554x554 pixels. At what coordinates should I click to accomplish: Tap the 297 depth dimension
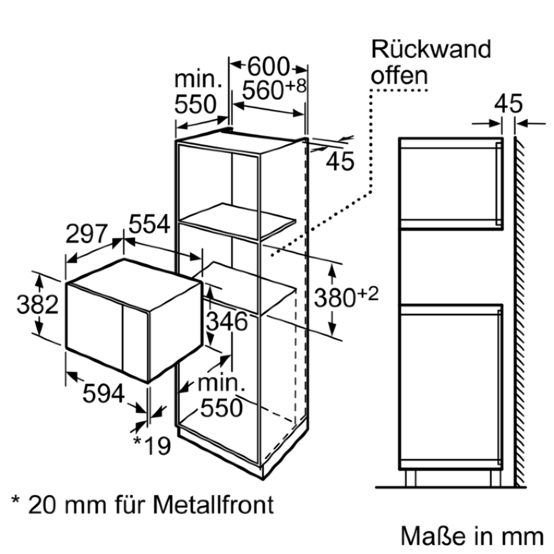87,234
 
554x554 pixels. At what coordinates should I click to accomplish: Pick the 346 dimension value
226,322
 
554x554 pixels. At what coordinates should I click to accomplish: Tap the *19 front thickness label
151,446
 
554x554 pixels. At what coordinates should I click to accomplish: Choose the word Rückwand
431,50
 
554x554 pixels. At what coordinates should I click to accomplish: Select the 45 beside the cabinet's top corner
340,162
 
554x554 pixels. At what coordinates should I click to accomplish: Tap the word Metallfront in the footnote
214,505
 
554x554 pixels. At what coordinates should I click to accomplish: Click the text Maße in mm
471,536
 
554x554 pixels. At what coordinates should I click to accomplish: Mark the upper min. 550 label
196,93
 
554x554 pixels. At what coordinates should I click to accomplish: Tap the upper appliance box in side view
451,183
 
